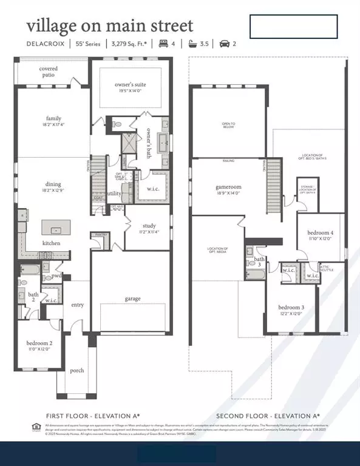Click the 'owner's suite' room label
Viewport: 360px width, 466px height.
point(131,84)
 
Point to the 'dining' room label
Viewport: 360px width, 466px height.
point(53,184)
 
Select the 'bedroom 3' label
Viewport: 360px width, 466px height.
point(291,307)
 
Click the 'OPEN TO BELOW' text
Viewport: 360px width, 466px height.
point(228,126)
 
